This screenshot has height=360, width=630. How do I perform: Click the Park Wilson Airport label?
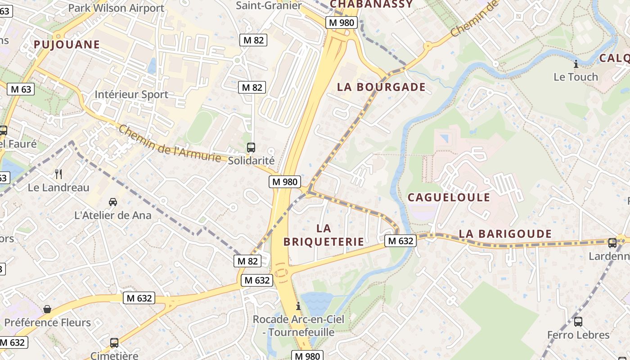(x=116, y=8)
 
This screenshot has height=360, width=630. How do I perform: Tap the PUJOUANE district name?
(x=66, y=44)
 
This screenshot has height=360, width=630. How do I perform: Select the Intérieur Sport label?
(x=131, y=94)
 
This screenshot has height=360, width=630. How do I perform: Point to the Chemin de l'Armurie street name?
(x=170, y=144)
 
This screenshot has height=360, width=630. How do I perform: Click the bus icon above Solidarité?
(x=251, y=147)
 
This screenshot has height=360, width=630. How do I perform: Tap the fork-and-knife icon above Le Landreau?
(x=58, y=174)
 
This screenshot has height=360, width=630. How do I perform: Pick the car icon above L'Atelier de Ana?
(x=113, y=202)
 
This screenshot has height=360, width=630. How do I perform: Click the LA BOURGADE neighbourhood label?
(x=381, y=87)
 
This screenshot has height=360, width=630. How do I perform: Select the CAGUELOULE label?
(x=449, y=197)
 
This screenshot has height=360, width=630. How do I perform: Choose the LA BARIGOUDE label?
(x=505, y=234)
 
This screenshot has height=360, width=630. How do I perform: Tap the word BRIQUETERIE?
(x=324, y=242)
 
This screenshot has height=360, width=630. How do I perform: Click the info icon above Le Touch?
(x=576, y=64)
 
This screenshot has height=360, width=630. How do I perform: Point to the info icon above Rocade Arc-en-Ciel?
(x=298, y=306)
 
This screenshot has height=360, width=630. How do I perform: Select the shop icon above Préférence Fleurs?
(x=47, y=309)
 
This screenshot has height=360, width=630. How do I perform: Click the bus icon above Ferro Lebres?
(x=578, y=322)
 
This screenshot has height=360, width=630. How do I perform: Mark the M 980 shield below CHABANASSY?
(x=342, y=22)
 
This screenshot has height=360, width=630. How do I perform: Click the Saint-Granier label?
(x=269, y=5)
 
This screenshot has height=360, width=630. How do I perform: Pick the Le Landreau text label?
(x=58, y=188)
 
